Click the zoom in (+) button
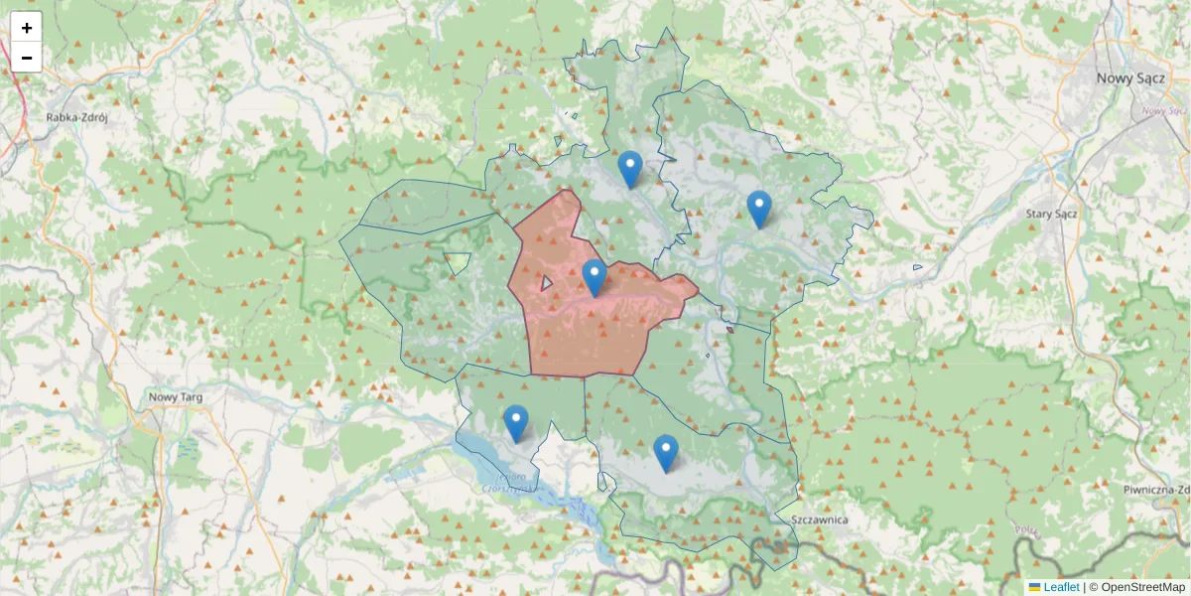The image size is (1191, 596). (x=27, y=28)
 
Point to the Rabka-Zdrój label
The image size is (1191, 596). (x=76, y=116)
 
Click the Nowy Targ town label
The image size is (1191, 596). (x=176, y=397)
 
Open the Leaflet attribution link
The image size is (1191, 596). (x=1061, y=587)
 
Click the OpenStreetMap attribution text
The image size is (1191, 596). (x=1136, y=587)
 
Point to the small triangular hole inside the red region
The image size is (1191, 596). (x=545, y=284)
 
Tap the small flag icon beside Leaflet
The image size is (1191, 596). (x=1035, y=587)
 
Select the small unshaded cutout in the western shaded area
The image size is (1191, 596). (x=458, y=263)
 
